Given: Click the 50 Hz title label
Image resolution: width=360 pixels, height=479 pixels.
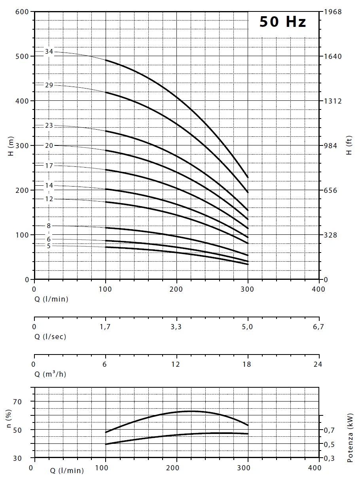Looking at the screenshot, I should [282, 22].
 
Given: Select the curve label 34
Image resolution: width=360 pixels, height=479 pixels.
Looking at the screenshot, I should [49, 52].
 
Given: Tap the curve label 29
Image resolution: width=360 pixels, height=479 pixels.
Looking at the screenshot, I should [49, 85].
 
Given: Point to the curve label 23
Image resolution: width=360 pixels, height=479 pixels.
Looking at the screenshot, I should [49, 126].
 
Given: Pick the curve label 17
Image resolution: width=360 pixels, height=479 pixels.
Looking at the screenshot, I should [49, 166].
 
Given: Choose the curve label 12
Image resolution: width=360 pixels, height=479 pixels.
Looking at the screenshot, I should [49, 199].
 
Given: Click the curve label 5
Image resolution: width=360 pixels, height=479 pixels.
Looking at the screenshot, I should [49, 246].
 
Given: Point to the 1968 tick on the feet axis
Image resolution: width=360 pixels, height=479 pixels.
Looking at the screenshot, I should [332, 11].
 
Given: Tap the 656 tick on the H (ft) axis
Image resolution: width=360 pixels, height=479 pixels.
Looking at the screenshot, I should [330, 190].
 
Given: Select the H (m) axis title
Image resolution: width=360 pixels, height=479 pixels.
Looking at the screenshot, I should [11, 145].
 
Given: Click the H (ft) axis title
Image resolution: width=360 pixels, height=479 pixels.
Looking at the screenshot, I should [349, 145].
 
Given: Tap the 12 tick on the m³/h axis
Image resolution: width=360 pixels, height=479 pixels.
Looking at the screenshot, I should [176, 364].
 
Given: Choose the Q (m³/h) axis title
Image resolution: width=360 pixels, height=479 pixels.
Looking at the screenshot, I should [50, 374].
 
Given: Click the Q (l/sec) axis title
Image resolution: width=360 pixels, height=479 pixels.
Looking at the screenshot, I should [50, 337].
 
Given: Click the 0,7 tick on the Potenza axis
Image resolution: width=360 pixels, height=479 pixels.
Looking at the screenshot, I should [330, 430].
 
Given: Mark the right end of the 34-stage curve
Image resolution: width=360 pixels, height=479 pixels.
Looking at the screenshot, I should [248, 177].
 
